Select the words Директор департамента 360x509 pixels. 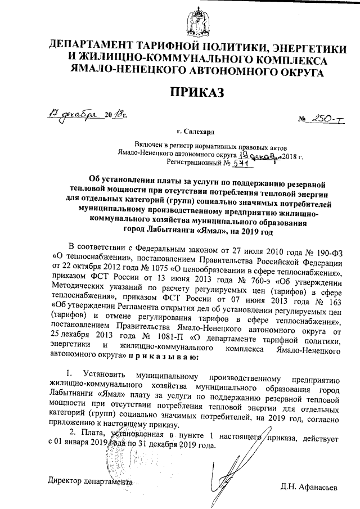pyautogui.click(x=91, y=481)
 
